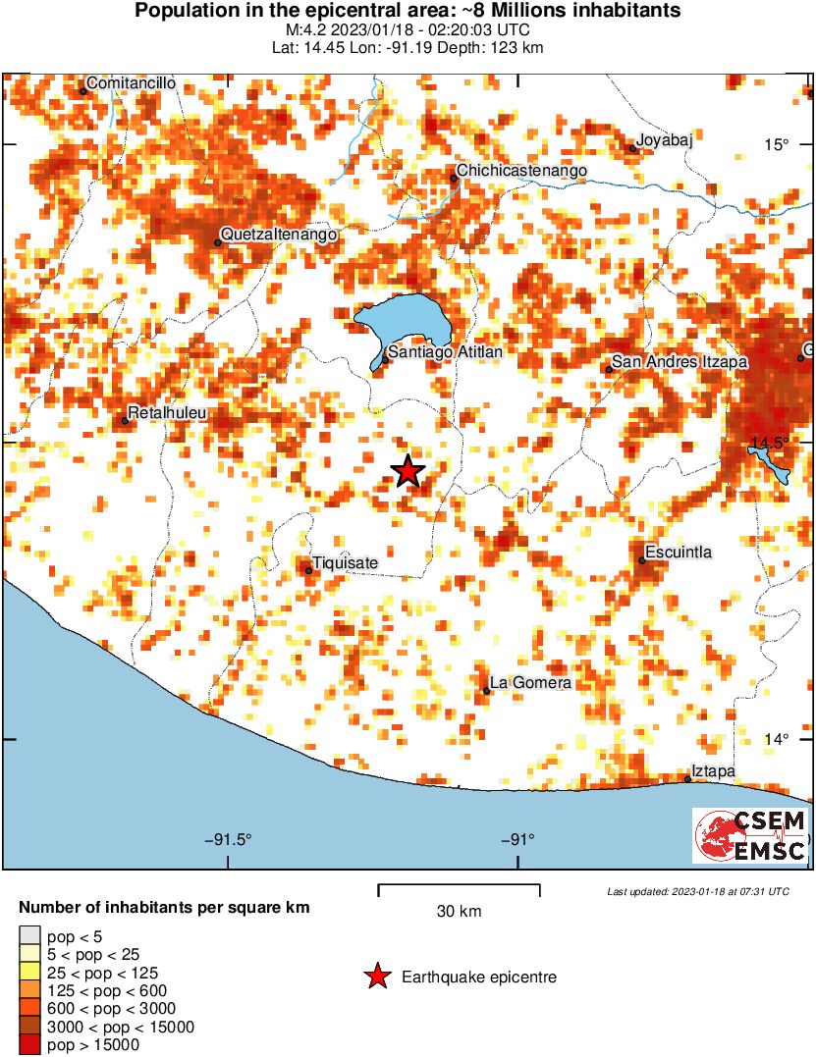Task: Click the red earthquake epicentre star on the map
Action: coord(408,472)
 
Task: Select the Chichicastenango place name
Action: coord(522,172)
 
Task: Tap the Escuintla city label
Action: coord(679,553)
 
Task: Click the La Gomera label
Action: coord(530,683)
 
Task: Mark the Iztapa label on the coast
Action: coord(714,772)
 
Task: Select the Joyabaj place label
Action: coord(665,140)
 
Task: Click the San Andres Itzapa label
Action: coord(680,363)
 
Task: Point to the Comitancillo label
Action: coord(132,84)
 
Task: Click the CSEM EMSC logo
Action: coord(751,836)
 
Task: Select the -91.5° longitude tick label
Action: coord(229,840)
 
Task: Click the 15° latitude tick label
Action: coord(777,145)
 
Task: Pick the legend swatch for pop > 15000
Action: coord(30,1045)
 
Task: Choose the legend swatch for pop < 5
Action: coord(30,936)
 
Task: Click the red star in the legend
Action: coord(376,977)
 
